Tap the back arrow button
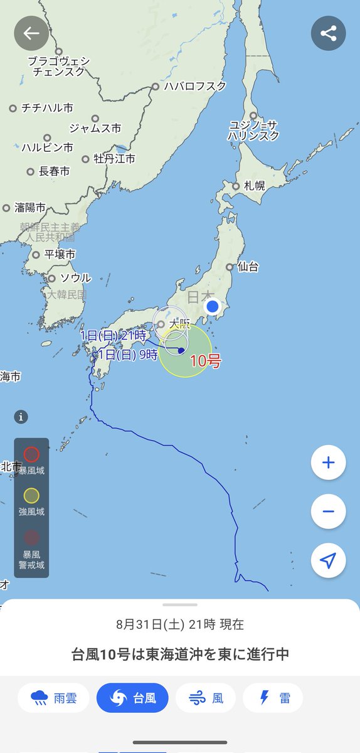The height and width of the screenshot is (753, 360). [31, 33]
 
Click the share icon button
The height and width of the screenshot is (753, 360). [328, 33]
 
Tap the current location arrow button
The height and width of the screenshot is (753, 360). [328, 560]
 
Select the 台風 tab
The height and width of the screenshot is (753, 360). [132, 698]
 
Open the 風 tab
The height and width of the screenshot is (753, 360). [205, 698]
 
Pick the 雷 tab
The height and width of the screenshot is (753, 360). [273, 698]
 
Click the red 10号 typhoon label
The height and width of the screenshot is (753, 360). [206, 362]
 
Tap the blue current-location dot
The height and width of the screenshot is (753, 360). [213, 307]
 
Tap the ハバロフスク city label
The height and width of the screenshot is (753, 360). [194, 87]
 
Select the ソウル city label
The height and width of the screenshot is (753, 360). [75, 278]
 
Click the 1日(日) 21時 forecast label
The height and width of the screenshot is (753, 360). [113, 336]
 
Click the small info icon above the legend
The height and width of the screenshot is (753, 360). [21, 417]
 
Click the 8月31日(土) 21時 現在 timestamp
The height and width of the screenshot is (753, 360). [180, 624]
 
